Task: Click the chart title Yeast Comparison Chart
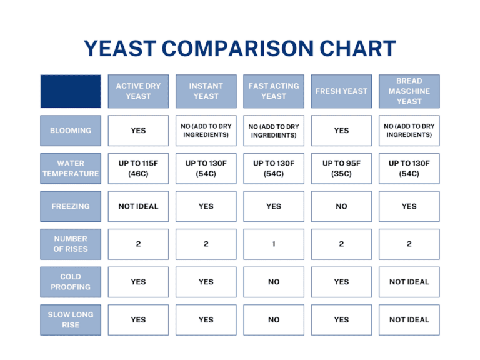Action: (x=240, y=49)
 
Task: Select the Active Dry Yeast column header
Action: (x=138, y=91)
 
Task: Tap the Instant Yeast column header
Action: (x=206, y=91)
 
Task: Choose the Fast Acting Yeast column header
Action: (x=274, y=91)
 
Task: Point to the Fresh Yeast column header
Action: (x=341, y=91)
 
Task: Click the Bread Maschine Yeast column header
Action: (x=409, y=91)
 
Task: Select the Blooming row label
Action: (x=71, y=131)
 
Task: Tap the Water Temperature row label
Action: (x=71, y=169)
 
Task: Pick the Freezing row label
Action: (x=71, y=206)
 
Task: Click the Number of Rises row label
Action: (x=71, y=244)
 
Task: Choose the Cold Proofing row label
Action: (x=71, y=282)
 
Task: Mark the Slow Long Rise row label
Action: (x=71, y=319)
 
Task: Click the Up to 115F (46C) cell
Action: (x=138, y=169)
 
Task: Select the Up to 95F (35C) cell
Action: (x=341, y=169)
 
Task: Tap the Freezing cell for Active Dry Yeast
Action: (x=138, y=206)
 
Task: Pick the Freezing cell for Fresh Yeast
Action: (x=341, y=206)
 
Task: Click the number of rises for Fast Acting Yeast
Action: (x=274, y=244)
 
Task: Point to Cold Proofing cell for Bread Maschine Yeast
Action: (x=409, y=282)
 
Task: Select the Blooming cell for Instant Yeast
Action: (x=206, y=131)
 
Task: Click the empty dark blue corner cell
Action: (x=71, y=91)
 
